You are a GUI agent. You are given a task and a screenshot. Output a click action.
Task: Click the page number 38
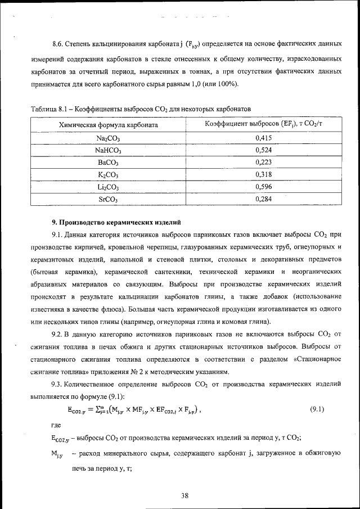[x=184, y=495]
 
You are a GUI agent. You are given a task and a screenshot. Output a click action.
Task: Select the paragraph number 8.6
[x=57, y=43]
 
